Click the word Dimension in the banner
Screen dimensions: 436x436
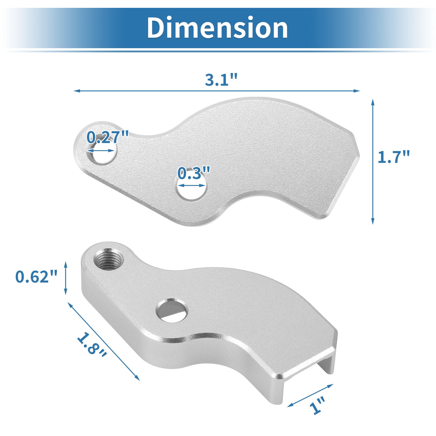(x=217, y=28)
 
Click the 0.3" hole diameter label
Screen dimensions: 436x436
(x=194, y=173)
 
